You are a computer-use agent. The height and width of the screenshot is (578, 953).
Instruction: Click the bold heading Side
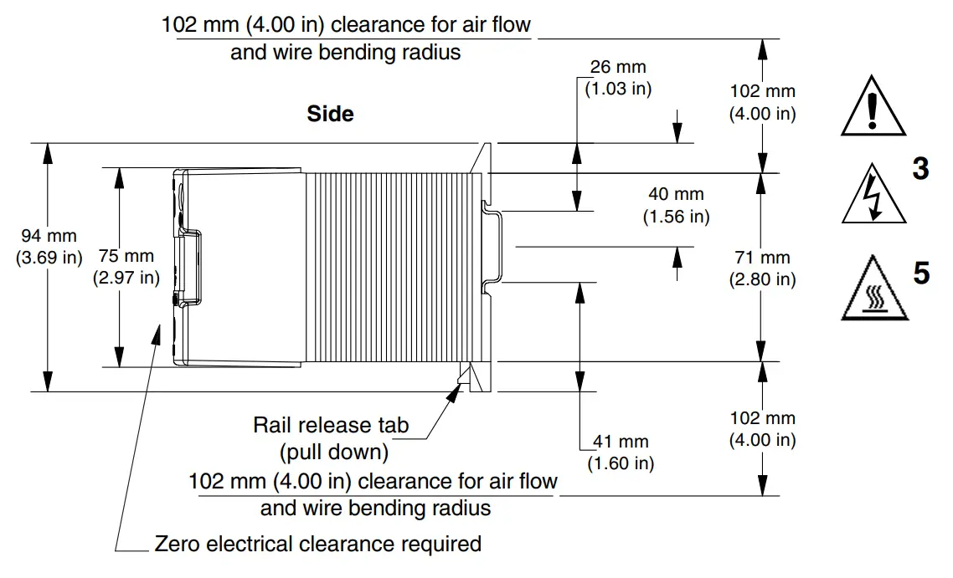coord(330,114)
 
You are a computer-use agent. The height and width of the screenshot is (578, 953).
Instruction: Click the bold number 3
coord(920,170)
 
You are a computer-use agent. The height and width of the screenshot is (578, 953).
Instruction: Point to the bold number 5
coord(920,273)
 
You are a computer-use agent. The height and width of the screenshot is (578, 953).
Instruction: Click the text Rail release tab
coord(331,425)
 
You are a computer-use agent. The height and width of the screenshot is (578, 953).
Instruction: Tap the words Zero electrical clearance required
coord(318,544)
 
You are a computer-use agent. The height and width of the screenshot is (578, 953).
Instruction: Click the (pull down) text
coord(333,453)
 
